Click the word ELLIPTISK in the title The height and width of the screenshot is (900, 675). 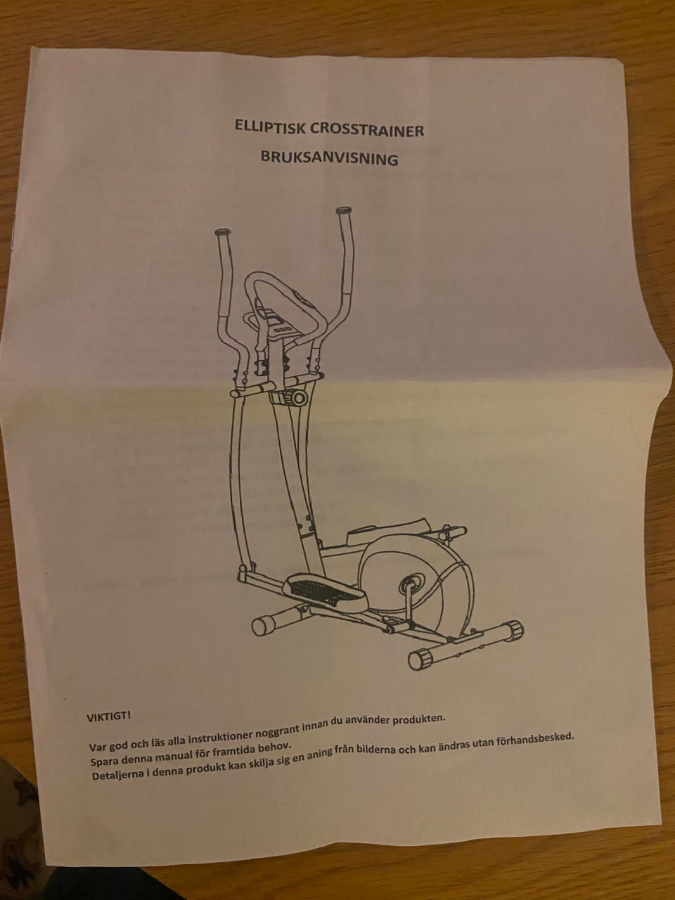[x=270, y=127]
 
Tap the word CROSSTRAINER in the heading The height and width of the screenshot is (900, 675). [x=367, y=130]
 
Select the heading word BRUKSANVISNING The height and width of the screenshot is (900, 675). [x=330, y=158]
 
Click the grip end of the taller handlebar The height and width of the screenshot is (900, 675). [x=344, y=211]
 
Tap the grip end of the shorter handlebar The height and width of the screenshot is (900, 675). [x=222, y=232]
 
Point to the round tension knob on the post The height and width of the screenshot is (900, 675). [x=300, y=397]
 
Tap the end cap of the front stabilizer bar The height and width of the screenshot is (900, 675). [x=260, y=626]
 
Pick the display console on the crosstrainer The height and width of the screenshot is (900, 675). [x=281, y=324]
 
